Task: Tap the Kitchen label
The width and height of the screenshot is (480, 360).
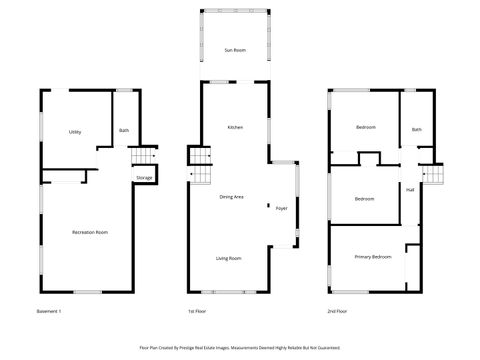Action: click(x=235, y=128)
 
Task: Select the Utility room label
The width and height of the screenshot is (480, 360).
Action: click(x=75, y=132)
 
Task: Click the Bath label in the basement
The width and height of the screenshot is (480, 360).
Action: click(x=124, y=130)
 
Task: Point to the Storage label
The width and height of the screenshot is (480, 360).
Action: click(x=144, y=178)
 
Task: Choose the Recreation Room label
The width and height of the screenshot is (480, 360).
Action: click(x=90, y=232)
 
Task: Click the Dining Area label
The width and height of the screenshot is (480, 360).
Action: click(x=232, y=197)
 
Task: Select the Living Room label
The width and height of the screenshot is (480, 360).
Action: click(x=229, y=258)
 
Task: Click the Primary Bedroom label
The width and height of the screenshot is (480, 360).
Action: click(x=372, y=257)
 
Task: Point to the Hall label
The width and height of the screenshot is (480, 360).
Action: click(x=410, y=189)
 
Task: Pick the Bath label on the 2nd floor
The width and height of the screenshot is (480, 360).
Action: click(x=416, y=129)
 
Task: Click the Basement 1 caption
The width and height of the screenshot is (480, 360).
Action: click(x=48, y=312)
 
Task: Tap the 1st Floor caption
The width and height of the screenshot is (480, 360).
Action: click(x=198, y=312)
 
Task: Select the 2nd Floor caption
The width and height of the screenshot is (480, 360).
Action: click(x=337, y=312)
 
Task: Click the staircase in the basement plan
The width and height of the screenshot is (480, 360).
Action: click(x=145, y=158)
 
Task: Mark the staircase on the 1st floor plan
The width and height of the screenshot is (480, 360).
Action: click(x=202, y=175)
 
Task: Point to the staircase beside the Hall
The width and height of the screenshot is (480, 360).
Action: click(x=433, y=175)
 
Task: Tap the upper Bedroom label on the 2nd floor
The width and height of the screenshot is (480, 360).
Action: click(x=366, y=128)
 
